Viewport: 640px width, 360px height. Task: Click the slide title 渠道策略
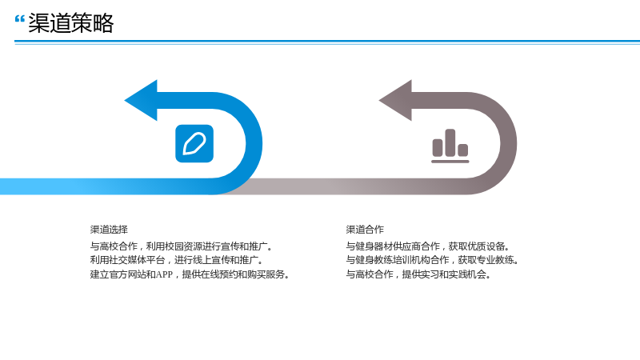[70, 23]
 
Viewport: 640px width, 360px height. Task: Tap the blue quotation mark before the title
[19, 18]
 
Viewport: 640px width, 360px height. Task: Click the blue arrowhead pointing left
[141, 101]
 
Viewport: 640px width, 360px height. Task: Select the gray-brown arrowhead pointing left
[395, 101]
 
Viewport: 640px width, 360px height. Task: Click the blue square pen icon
[194, 144]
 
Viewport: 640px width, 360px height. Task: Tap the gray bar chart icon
[450, 146]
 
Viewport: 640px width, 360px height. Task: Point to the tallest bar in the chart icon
[450, 142]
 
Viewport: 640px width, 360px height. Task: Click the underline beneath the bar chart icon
[450, 162]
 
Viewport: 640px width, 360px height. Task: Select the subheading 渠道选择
[109, 230]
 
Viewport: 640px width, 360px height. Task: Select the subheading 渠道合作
[365, 230]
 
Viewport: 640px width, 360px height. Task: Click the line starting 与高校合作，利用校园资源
[182, 246]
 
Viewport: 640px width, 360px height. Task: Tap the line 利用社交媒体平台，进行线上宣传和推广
[177, 260]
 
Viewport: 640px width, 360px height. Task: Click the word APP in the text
[165, 274]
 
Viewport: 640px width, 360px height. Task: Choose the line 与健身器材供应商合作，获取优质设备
[428, 246]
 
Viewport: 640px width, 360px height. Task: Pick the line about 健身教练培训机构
[432, 260]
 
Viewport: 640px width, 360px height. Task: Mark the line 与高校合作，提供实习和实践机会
[418, 274]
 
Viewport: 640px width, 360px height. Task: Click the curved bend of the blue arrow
[254, 143]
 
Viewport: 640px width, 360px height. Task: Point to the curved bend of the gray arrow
[509, 143]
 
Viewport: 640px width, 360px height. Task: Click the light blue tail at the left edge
[41, 186]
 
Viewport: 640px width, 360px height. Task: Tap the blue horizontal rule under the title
[327, 42]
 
